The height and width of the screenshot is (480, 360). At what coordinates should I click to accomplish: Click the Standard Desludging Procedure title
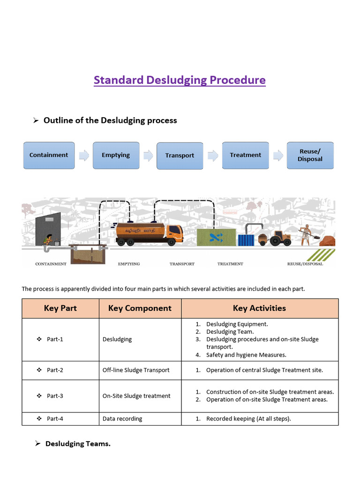pyautogui.click(x=180, y=80)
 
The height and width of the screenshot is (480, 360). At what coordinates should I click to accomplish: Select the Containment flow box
pyautogui.click(x=49, y=155)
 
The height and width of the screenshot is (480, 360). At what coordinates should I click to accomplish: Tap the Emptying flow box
pyautogui.click(x=116, y=155)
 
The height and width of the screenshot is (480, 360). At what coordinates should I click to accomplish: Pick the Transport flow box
pyautogui.click(x=180, y=156)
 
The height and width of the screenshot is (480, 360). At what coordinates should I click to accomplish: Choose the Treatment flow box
pyautogui.click(x=245, y=155)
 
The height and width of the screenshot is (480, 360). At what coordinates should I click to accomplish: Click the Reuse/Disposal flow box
pyautogui.click(x=310, y=155)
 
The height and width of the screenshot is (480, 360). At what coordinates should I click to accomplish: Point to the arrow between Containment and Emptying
pyautogui.click(x=84, y=156)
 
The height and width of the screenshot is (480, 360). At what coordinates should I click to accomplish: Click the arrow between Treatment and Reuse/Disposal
pyautogui.click(x=278, y=155)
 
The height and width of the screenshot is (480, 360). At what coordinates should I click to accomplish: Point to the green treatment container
pyautogui.click(x=216, y=237)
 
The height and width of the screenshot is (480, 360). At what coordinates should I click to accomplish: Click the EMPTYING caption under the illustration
pyautogui.click(x=129, y=264)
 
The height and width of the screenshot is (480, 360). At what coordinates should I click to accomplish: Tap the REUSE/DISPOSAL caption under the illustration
pyautogui.click(x=305, y=264)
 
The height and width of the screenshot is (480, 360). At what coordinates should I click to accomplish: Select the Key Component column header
pyautogui.click(x=140, y=308)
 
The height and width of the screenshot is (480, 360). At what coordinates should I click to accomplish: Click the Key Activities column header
pyautogui.click(x=259, y=308)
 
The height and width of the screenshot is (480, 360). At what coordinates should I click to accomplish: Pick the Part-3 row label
pyautogui.click(x=55, y=396)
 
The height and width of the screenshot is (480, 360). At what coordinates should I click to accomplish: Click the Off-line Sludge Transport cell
pyautogui.click(x=136, y=370)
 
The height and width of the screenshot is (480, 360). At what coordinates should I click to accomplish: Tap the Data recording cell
pyautogui.click(x=122, y=419)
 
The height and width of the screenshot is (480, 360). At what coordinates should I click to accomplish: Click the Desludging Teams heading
pyautogui.click(x=78, y=443)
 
